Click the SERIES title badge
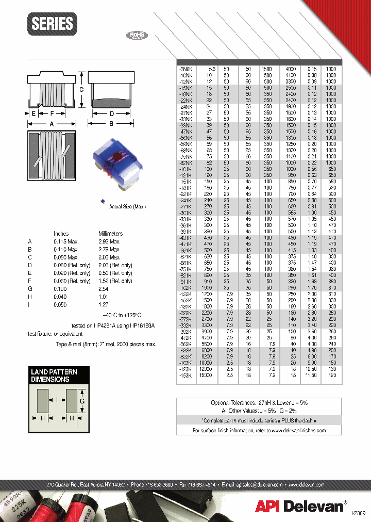click(x=52, y=24)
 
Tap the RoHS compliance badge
click(x=137, y=36)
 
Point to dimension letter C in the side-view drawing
click(x=81, y=89)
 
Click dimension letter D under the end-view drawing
click(x=111, y=113)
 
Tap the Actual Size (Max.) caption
click(x=127, y=206)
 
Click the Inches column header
click(x=61, y=234)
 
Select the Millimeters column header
click(x=110, y=234)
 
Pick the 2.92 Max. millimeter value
click(x=109, y=241)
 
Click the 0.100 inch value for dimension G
click(x=61, y=289)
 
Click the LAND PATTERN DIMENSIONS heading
click(x=54, y=376)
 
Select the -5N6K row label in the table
click(x=185, y=69)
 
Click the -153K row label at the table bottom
click(x=185, y=376)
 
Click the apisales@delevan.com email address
click(x=252, y=485)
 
